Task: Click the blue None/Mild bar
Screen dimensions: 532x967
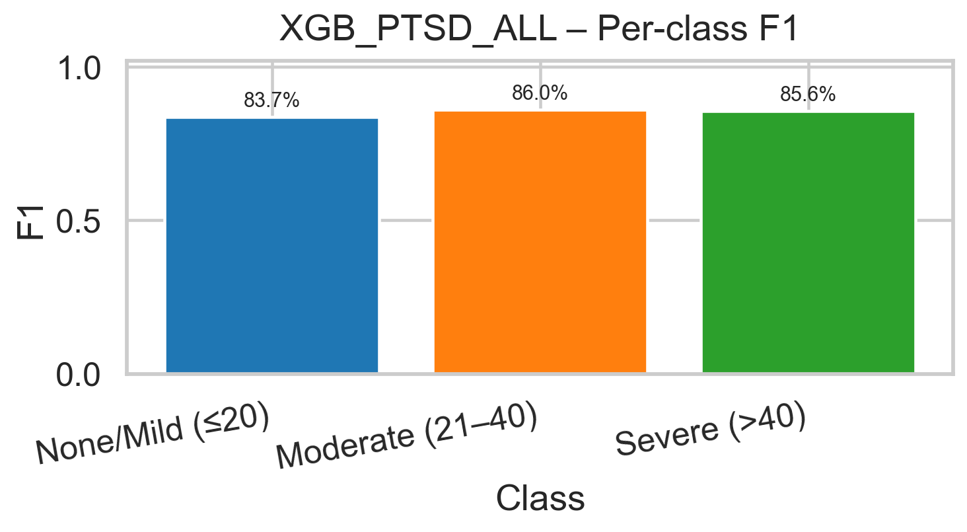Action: point(271,245)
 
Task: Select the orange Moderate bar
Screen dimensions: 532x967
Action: point(540,242)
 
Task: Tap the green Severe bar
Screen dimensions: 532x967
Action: point(808,243)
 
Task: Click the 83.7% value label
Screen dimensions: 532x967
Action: point(271,101)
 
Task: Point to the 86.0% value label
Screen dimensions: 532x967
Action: point(540,94)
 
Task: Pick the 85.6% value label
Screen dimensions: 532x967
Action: point(808,95)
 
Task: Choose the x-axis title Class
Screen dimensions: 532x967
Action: point(540,499)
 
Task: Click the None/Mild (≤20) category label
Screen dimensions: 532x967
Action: point(153,439)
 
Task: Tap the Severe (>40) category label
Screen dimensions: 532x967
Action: point(710,433)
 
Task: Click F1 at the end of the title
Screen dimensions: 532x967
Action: point(779,30)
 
